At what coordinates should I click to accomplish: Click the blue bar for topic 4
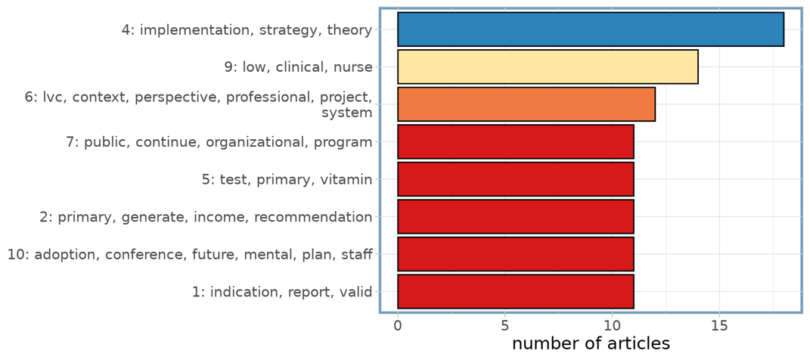[591, 29]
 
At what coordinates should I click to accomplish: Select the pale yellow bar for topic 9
[548, 67]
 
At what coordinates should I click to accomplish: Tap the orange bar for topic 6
[526, 104]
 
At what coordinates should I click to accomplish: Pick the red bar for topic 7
[516, 141]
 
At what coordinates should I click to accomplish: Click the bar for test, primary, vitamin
[516, 179]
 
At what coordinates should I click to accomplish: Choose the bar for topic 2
[516, 216]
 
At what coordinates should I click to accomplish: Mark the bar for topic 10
[516, 254]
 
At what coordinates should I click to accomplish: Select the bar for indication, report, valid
[516, 291]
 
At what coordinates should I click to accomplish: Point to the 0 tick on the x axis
[398, 327]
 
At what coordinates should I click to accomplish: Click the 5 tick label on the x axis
[504, 327]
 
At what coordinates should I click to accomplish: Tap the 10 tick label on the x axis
[612, 327]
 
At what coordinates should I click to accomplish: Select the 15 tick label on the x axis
[719, 327]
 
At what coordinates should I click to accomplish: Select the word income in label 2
[222, 217]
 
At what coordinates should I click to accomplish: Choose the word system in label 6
[347, 113]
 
